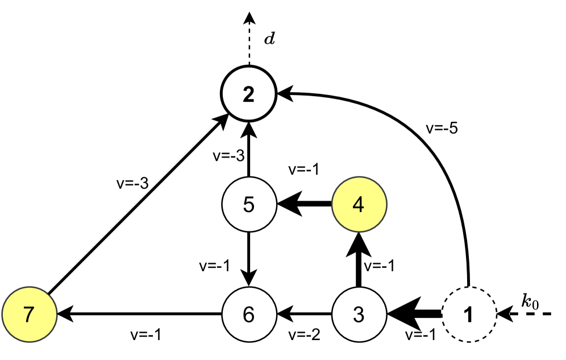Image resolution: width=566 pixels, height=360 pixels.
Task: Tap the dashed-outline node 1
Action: pyautogui.click(x=469, y=313)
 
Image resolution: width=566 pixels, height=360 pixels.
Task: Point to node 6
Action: pyautogui.click(x=248, y=313)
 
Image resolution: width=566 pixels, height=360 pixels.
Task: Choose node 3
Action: pyautogui.click(x=359, y=313)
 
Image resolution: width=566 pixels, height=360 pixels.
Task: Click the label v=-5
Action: pyautogui.click(x=442, y=127)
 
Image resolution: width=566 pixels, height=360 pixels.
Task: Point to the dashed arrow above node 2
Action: pyautogui.click(x=248, y=40)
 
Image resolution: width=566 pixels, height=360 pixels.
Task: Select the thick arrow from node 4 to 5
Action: pyautogui.click(x=304, y=204)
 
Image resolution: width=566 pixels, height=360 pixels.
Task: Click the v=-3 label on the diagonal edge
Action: pyautogui.click(x=130, y=183)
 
